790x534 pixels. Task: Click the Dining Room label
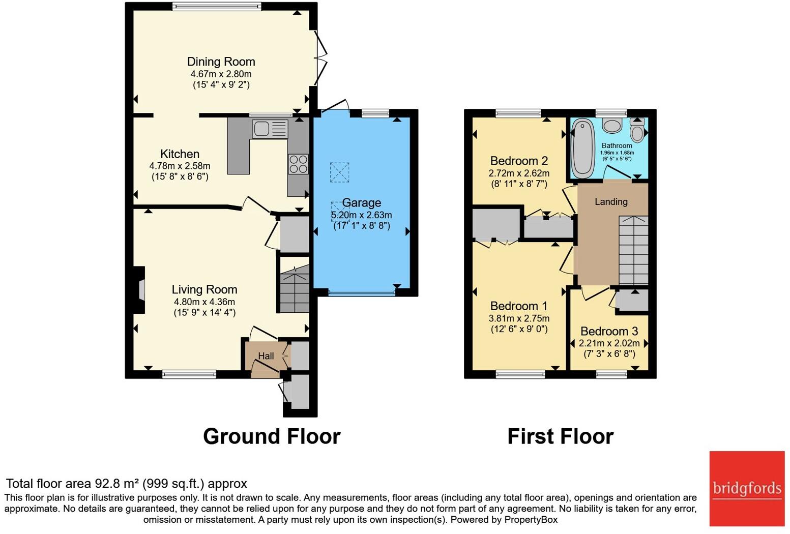pos(221,62)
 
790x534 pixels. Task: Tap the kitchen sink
pos(270,128)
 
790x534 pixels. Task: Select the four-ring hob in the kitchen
pos(298,164)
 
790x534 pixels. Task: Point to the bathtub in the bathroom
pos(582,148)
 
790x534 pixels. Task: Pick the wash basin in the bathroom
pos(612,125)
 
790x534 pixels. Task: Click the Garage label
pos(362,203)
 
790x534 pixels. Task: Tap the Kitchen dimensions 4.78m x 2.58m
pos(180,166)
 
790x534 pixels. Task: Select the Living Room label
pos(204,289)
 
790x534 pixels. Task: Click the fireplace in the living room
pos(139,290)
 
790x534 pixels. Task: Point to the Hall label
pos(266,356)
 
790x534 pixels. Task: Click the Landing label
pos(611,202)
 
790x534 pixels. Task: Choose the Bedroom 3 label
pos(609,331)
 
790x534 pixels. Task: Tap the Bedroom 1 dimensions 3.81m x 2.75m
pos(519,318)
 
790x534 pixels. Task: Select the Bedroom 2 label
pos(519,161)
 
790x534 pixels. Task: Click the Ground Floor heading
pos(272,437)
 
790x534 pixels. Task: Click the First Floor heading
pos(561,437)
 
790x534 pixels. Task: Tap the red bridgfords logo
pos(747,489)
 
